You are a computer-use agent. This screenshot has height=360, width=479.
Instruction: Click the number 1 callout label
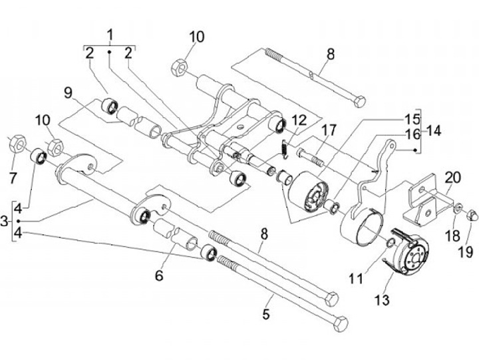[110, 35]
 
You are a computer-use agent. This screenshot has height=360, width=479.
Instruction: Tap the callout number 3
[5, 220]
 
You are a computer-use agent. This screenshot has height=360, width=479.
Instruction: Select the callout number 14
[434, 132]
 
